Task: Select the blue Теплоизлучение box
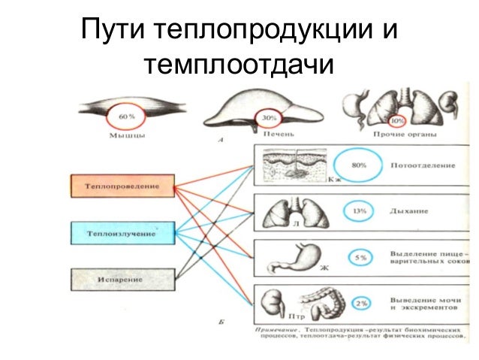(x=123, y=232)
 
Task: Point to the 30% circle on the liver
(x=268, y=118)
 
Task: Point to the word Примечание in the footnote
(x=276, y=328)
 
